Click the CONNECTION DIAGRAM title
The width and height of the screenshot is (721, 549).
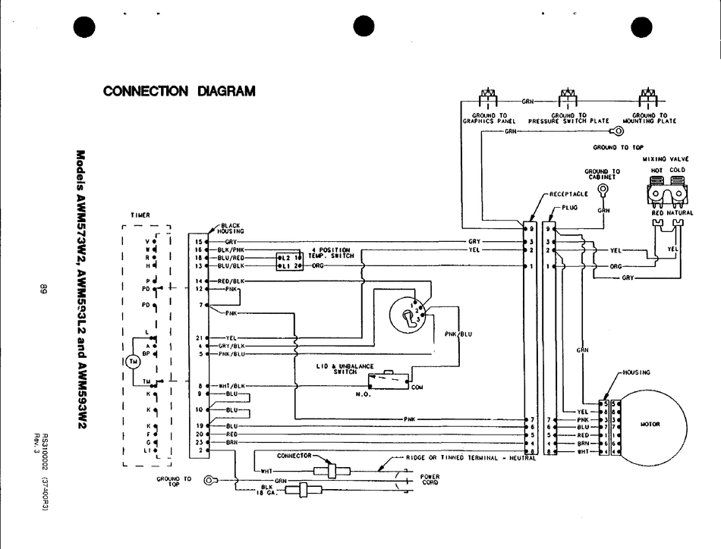coord(179,91)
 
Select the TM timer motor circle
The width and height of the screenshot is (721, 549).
coord(134,361)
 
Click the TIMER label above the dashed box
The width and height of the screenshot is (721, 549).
coord(140,215)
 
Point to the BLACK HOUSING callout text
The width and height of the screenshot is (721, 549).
coord(231,228)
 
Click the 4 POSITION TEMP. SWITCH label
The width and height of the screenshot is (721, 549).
coord(330,253)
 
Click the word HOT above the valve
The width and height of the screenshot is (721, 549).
coord(657,170)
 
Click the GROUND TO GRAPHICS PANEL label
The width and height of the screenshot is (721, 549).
coord(490,118)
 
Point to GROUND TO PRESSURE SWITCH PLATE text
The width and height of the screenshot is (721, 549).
coord(568,118)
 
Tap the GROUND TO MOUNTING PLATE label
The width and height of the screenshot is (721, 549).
coord(649,118)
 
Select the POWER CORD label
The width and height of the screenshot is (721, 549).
coord(430,479)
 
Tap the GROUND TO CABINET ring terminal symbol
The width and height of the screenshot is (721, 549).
coord(603,189)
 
